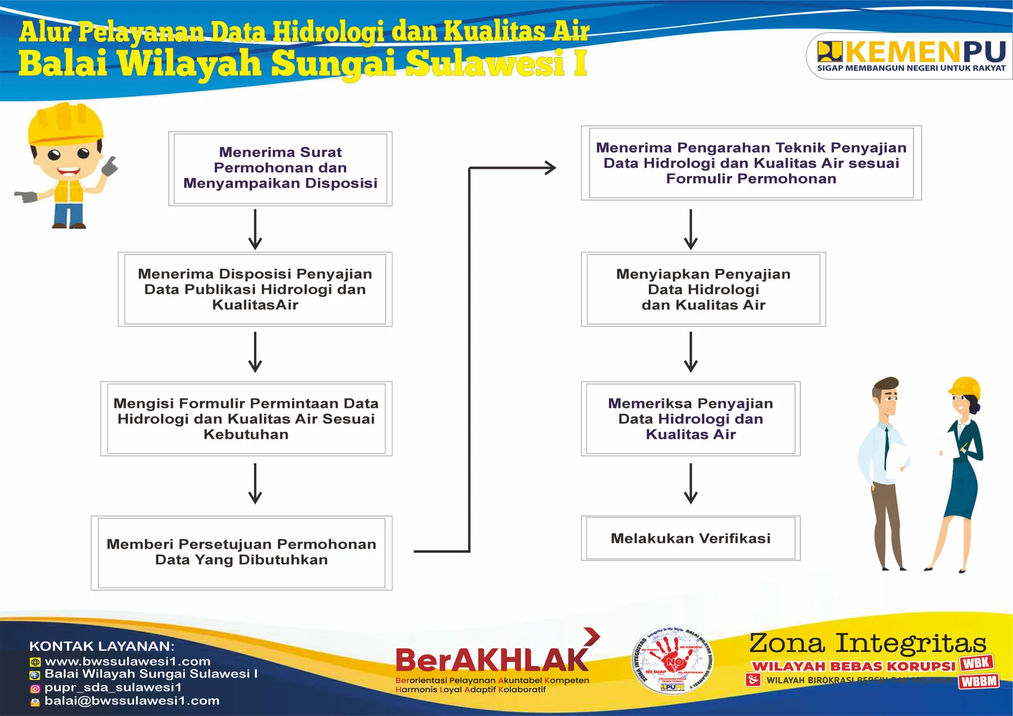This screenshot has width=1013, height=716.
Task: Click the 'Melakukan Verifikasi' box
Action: [690, 539]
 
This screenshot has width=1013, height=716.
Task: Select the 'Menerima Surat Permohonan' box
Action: [280, 168]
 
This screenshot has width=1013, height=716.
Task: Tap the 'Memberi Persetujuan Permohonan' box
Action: [241, 552]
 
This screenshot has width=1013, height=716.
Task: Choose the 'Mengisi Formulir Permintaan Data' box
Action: [246, 418]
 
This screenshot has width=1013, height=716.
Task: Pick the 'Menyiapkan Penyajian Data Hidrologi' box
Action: [703, 289]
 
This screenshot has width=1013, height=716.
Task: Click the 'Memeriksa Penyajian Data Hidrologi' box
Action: [690, 418]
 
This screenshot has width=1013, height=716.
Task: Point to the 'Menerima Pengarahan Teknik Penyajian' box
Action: [751, 163]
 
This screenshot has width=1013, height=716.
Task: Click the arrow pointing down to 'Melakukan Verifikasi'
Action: [691, 484]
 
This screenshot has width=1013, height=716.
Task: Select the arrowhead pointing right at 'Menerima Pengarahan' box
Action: [550, 168]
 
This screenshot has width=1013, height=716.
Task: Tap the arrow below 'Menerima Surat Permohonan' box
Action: [255, 229]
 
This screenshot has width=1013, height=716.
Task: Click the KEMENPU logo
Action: [912, 56]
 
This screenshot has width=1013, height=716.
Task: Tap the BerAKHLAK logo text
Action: [492, 660]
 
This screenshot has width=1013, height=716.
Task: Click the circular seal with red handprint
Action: [672, 661]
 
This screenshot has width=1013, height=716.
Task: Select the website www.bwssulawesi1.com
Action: [127, 662]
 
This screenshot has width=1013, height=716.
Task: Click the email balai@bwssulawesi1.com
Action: [132, 701]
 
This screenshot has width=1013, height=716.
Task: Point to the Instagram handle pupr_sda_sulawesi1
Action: [113, 688]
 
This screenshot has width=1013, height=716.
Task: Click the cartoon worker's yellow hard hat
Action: [65, 123]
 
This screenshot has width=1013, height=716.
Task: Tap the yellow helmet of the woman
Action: [966, 387]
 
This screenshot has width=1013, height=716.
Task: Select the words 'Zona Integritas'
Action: [867, 643]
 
